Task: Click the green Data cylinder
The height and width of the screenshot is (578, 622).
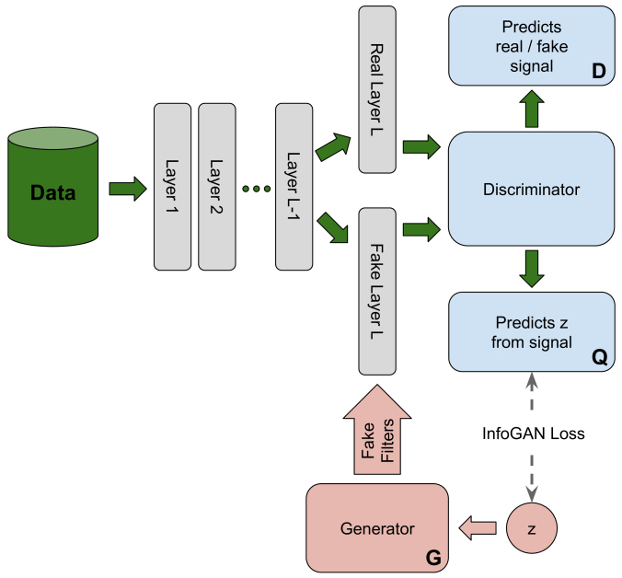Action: pyautogui.click(x=52, y=187)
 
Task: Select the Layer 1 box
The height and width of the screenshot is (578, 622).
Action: pyautogui.click(x=173, y=187)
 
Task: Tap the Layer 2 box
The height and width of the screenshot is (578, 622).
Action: pyautogui.click(x=217, y=187)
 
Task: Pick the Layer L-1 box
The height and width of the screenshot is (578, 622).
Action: pyautogui.click(x=294, y=187)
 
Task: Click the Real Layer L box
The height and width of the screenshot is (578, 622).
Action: pyautogui.click(x=377, y=89)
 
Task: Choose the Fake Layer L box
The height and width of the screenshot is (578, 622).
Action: pyautogui.click(x=377, y=291)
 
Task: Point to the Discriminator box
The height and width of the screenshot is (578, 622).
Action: pyautogui.click(x=532, y=189)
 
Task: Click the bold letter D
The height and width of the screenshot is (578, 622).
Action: pyautogui.click(x=599, y=71)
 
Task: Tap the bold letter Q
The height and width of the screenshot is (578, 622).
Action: pyautogui.click(x=599, y=358)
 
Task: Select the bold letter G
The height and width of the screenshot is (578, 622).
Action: pyautogui.click(x=433, y=558)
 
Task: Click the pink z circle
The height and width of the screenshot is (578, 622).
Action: pyautogui.click(x=532, y=528)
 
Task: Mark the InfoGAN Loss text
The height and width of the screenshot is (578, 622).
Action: pyautogui.click(x=533, y=433)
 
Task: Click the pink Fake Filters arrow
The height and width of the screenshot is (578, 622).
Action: pyautogui.click(x=377, y=429)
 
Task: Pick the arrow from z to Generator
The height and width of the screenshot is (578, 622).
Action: pyautogui.click(x=478, y=528)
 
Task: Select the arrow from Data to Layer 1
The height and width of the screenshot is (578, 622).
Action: pyautogui.click(x=128, y=189)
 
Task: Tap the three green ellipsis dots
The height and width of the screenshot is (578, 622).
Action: pyautogui.click(x=257, y=189)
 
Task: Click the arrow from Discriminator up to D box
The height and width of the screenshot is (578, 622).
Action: pyautogui.click(x=532, y=109)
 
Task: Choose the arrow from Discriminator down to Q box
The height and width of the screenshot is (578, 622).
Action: pyautogui.click(x=532, y=269)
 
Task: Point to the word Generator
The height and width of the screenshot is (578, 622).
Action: pyautogui.click(x=377, y=528)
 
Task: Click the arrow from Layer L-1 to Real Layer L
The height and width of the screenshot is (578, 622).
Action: pyautogui.click(x=334, y=146)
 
